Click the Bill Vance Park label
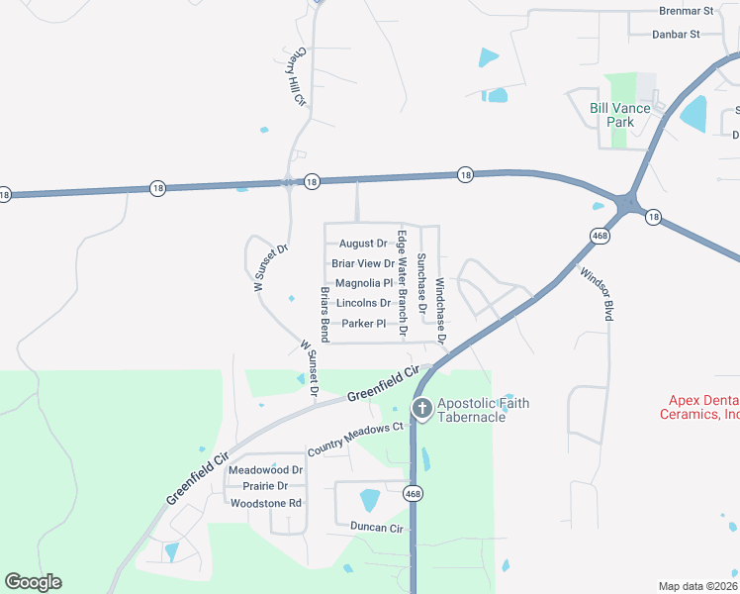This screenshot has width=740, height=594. pyautogui.click(x=619, y=115)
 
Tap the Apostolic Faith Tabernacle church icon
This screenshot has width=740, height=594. pyautogui.click(x=420, y=408)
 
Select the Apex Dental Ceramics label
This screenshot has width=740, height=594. pyautogui.click(x=700, y=407)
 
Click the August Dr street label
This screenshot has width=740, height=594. pyautogui.click(x=363, y=244)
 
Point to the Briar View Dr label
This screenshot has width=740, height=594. pyautogui.click(x=362, y=263)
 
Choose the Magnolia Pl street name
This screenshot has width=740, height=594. pyautogui.click(x=364, y=283)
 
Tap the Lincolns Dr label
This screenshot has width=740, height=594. pyautogui.click(x=363, y=303)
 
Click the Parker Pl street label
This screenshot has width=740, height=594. pyautogui.click(x=363, y=324)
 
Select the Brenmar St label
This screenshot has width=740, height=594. pyautogui.click(x=686, y=11)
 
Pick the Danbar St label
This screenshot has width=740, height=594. pyautogui.click(x=676, y=34)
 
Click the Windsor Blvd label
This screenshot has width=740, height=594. pyautogui.click(x=598, y=293)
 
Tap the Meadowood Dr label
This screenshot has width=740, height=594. pyautogui.click(x=265, y=469)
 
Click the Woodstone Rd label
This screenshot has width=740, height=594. pyautogui.click(x=265, y=503)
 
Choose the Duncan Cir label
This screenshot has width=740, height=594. pyautogui.click(x=370, y=529)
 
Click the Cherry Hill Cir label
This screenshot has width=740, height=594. pyautogui.click(x=295, y=77)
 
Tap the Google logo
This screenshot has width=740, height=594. pyautogui.click(x=33, y=582)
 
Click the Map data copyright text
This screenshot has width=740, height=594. pyautogui.click(x=697, y=586)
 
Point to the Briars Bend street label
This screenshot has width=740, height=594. pyautogui.click(x=324, y=309)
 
